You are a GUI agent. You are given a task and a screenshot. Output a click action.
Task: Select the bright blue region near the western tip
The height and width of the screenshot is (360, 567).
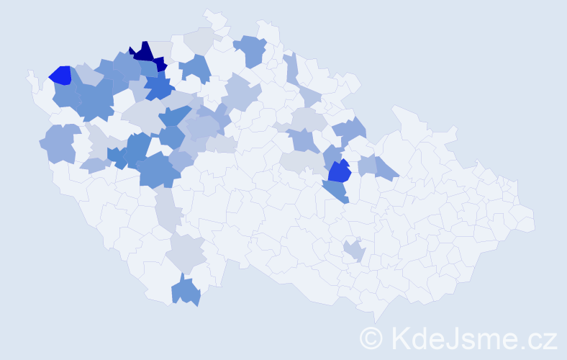(x=60, y=75)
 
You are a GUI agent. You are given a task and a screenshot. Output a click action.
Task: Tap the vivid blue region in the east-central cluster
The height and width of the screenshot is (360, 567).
(x=339, y=172)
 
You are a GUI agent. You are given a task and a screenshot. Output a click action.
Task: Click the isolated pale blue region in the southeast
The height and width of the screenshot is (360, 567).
(x=353, y=251)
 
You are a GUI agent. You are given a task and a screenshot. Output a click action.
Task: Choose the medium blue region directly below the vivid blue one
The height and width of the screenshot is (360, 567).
(x=336, y=190)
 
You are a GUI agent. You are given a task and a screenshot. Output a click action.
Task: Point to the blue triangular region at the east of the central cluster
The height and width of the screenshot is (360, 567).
(x=386, y=169)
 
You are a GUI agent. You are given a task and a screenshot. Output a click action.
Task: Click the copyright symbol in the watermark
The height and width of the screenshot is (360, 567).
(x=371, y=337)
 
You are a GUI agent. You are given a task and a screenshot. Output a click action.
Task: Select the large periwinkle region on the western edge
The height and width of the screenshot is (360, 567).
(x=58, y=143)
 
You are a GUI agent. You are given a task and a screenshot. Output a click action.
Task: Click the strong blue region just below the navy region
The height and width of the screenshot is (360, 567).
(x=160, y=89)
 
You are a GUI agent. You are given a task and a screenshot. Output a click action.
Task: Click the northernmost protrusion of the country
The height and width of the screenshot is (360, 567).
(x=209, y=14)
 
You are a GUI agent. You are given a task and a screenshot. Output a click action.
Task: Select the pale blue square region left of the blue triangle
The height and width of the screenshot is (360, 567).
(x=367, y=164)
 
